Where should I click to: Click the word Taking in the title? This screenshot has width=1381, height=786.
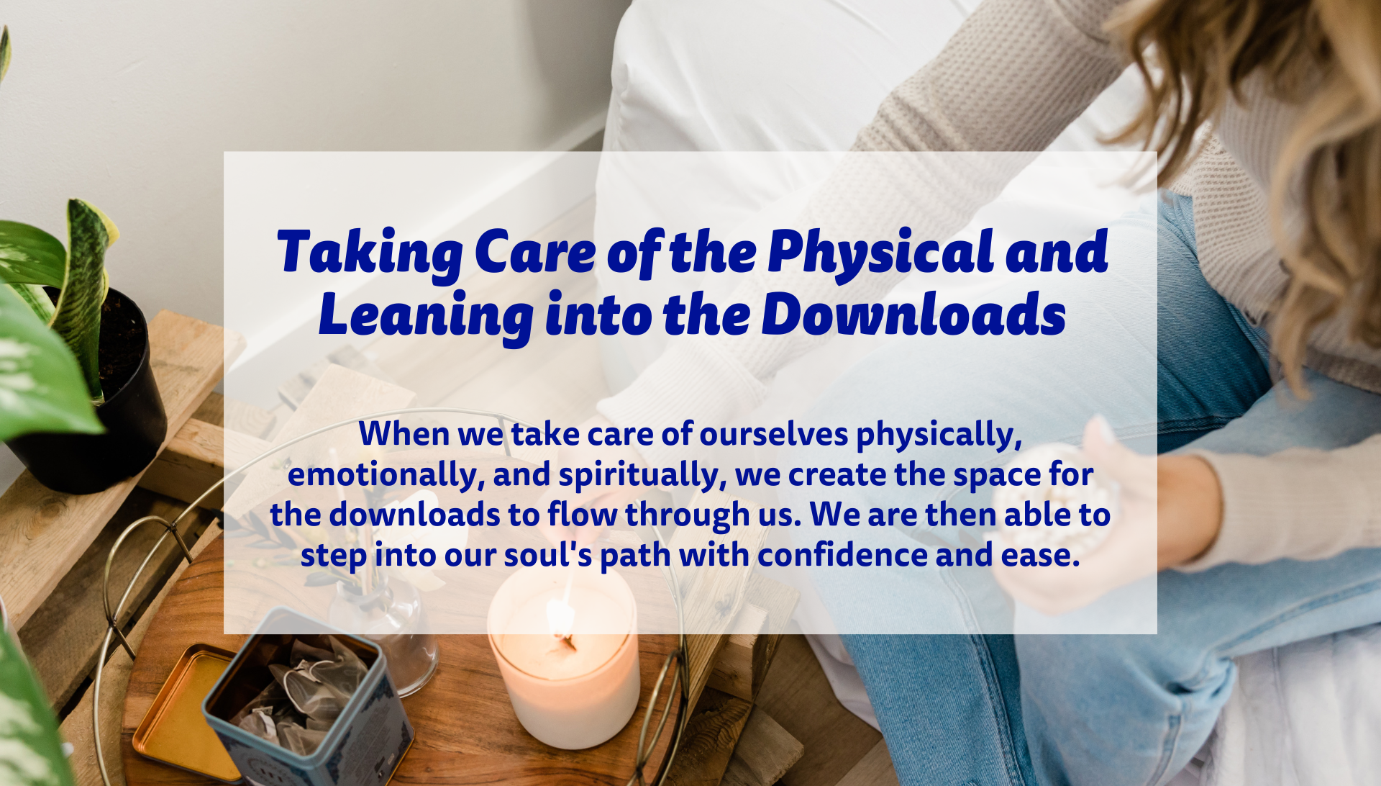tap(370, 253)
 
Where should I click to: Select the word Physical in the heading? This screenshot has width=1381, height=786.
tap(881, 253)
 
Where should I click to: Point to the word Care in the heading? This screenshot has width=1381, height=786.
tap(535, 253)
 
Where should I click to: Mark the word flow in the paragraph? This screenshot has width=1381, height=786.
tap(582, 515)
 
